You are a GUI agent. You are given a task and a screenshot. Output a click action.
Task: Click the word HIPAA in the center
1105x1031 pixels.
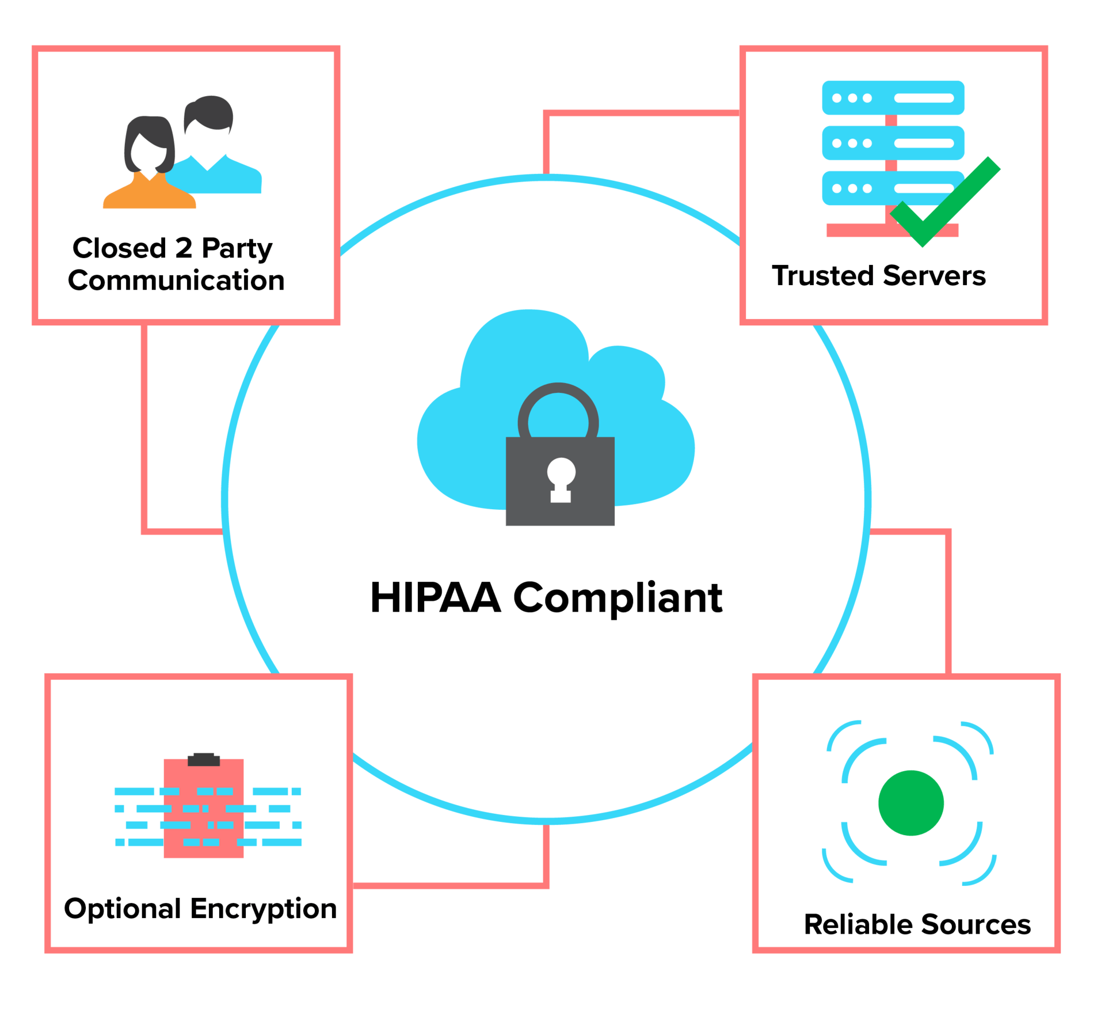[x=435, y=597]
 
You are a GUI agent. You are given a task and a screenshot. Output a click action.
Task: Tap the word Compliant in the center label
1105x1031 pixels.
[x=618, y=598]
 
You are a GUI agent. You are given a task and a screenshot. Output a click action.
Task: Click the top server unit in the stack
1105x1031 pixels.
[x=893, y=98]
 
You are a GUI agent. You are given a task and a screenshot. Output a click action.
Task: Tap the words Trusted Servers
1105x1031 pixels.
[x=879, y=276]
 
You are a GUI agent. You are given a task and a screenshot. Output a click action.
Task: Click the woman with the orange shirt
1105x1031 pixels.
[x=149, y=167]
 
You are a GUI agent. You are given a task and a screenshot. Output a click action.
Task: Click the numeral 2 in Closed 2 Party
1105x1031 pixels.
[x=184, y=248]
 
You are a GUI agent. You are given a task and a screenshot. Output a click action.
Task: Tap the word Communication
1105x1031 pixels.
[x=176, y=281]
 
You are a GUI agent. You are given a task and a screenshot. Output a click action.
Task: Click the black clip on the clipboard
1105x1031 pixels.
[x=204, y=760]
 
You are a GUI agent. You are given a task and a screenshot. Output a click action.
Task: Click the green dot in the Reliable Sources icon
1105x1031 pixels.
[x=911, y=802]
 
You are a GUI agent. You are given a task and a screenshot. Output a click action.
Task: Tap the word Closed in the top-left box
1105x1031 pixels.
[x=119, y=248]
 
